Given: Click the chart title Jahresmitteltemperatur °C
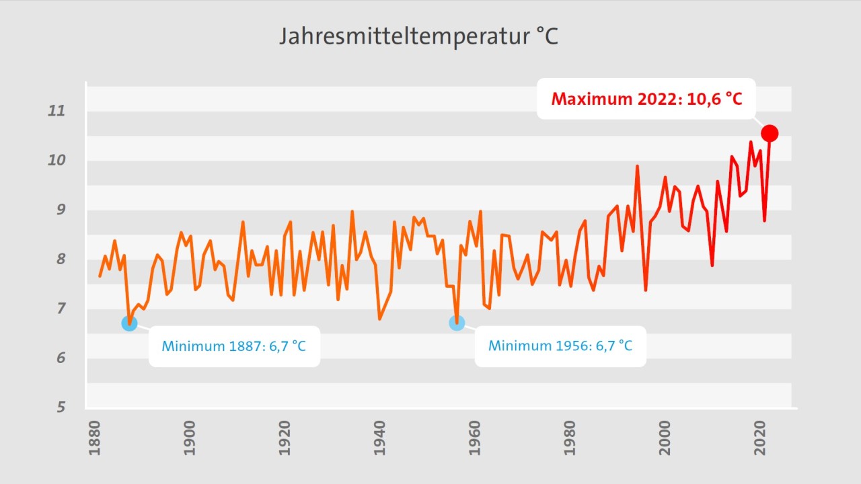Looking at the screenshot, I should pos(418,36).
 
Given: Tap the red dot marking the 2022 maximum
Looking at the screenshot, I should pos(770,133).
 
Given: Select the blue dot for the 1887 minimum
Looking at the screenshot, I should pos(129,323).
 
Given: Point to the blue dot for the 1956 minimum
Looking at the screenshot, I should pos(457,323).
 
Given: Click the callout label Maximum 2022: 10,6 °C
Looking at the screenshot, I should pos(646,99).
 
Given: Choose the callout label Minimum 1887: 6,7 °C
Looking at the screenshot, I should pos(234,346).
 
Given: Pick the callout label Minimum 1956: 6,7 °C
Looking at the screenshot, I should pos(560,346).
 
